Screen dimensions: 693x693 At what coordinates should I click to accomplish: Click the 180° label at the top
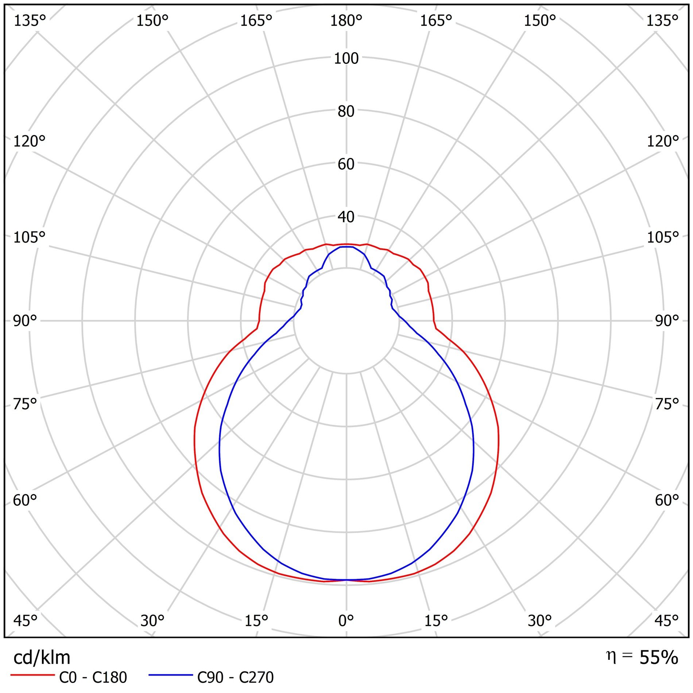tap(346, 21)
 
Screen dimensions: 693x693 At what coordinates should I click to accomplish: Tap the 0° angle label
tap(346, 620)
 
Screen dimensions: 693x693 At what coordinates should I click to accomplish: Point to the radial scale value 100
tap(346, 58)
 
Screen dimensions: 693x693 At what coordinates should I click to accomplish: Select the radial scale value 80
tap(346, 111)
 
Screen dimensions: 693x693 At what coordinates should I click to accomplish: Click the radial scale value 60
tap(346, 164)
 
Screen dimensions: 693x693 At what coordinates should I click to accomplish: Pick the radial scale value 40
tap(346, 217)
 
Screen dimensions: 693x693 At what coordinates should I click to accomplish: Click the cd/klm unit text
tap(42, 658)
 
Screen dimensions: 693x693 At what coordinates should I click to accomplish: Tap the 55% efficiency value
tap(659, 657)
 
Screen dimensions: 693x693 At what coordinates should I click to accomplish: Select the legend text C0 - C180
tap(93, 678)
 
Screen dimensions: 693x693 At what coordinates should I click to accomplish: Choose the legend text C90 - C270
tap(235, 678)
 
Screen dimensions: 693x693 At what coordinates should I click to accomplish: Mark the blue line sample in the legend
tap(170, 675)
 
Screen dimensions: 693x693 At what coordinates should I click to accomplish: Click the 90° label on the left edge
tap(25, 321)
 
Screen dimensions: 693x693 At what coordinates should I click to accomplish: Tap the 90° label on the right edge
tap(667, 321)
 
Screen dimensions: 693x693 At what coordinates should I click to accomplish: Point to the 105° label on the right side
tap(663, 237)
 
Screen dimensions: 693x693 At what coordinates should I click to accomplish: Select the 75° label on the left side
tap(25, 404)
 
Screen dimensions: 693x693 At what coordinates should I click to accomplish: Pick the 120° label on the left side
tap(29, 141)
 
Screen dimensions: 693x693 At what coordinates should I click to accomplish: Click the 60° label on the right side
tap(667, 500)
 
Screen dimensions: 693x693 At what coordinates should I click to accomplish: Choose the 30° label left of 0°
tap(152, 620)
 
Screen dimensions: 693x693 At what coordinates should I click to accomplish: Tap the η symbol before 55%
tap(611, 656)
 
